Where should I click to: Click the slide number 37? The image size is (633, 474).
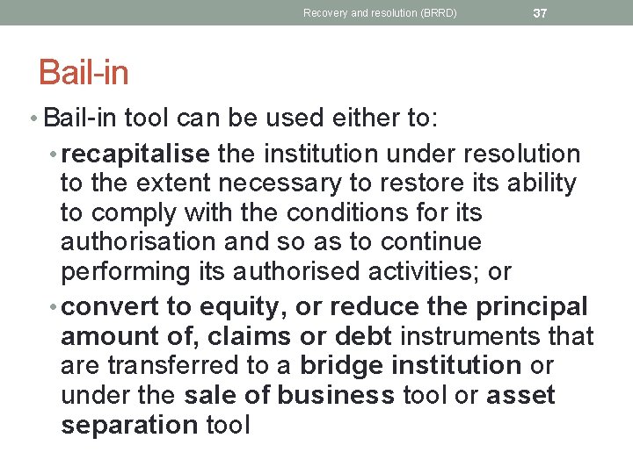click(541, 12)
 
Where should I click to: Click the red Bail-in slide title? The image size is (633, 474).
click(84, 73)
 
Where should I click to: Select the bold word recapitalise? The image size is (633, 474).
click(135, 154)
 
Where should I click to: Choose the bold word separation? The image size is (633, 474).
click(129, 425)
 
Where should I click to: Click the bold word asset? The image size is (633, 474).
click(520, 395)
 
